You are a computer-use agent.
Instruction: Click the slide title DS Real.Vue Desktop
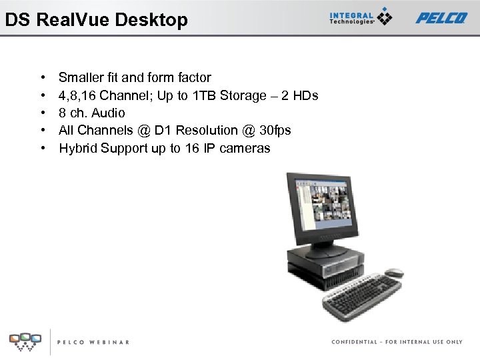pyautogui.click(x=97, y=20)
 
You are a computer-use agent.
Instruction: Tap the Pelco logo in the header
pyautogui.click(x=441, y=18)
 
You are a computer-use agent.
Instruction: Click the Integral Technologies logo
pyautogui.click(x=360, y=17)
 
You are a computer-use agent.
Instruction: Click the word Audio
pyautogui.click(x=109, y=113)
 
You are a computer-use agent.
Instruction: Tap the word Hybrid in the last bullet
pyautogui.click(x=78, y=148)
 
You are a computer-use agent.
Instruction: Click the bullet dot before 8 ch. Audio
pyautogui.click(x=43, y=113)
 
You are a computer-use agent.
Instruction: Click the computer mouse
pyautogui.click(x=393, y=273)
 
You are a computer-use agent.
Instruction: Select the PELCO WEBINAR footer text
pyautogui.click(x=93, y=342)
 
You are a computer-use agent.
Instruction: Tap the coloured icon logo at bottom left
pyautogui.click(x=25, y=341)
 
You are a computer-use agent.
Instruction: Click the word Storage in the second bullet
pyautogui.click(x=247, y=95)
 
